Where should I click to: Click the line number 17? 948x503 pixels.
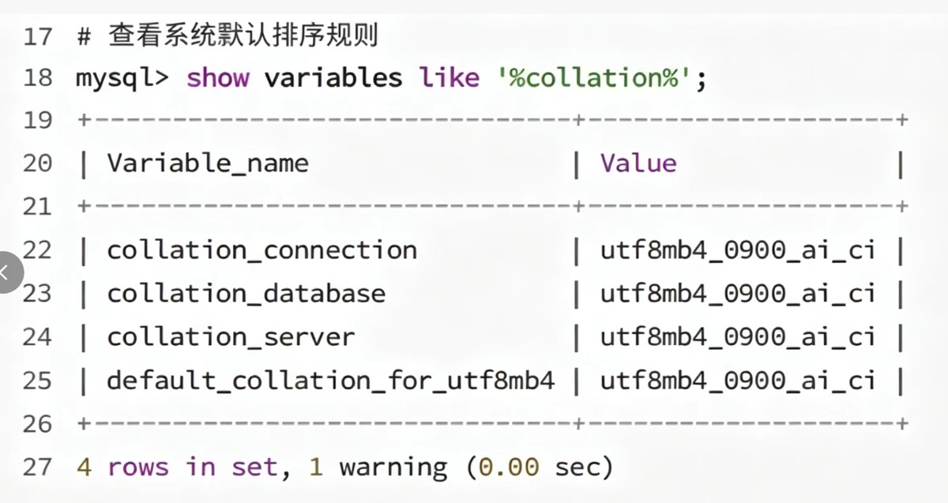38,36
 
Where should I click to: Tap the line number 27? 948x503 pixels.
37,467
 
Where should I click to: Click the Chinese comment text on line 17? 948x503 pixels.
243,35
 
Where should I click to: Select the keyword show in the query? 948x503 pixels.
218,78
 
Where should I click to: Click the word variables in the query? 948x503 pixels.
333,78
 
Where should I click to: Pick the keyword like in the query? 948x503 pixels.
450,78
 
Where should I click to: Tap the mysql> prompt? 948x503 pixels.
122,79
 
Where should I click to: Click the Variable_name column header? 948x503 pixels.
208,163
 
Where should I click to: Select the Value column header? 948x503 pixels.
638,163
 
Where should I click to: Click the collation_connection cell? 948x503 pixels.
262,250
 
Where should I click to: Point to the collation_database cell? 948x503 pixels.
246,294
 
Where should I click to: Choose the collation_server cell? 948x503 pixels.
231,337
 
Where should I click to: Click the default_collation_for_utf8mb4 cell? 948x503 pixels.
330,381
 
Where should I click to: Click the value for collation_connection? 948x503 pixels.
738,250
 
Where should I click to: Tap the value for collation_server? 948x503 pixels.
738,337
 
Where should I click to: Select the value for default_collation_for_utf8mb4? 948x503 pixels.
738,381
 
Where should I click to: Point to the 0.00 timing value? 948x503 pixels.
509,467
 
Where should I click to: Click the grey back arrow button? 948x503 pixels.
9,272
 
